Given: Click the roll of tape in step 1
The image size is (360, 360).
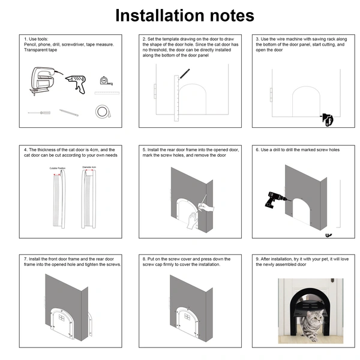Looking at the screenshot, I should click(x=103, y=111).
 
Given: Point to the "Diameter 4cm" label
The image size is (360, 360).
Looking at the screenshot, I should click(x=89, y=168).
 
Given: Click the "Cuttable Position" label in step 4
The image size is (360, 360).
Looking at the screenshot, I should click(x=58, y=168).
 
